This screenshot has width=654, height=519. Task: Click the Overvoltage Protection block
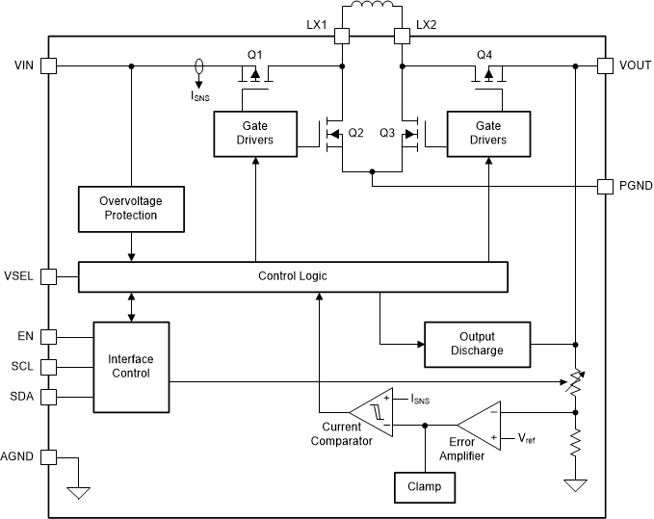130,208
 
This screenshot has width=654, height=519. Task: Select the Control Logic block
292,276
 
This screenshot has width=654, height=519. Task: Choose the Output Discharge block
477,344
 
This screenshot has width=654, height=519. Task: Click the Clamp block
424,487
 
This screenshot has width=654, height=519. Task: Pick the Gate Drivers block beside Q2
254,133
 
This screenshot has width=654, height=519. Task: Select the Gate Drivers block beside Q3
488,133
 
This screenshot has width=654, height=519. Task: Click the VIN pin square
49,66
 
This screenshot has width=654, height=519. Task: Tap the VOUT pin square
605,66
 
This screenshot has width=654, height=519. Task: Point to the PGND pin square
605,186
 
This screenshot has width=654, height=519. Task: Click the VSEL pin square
49,276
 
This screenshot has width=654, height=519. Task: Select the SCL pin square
49,367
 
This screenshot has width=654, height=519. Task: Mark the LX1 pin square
341,37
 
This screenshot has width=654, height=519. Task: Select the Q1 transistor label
254,53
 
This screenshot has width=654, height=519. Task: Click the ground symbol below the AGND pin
78,493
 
